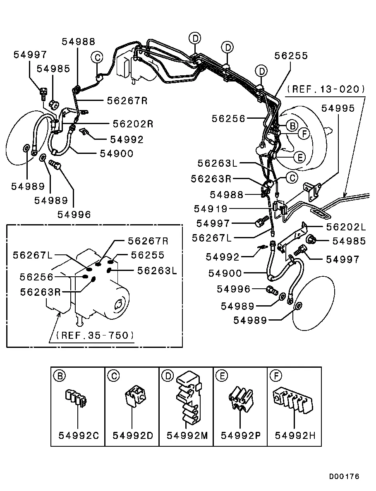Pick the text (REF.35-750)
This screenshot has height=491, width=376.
(91, 335)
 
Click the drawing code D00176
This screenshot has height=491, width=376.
(344, 477)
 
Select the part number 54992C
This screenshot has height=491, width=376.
(79, 435)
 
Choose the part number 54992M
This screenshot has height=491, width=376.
(187, 435)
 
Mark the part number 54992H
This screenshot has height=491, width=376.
(295, 435)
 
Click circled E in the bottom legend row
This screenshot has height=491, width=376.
(222, 376)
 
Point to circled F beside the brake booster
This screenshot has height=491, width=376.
(304, 134)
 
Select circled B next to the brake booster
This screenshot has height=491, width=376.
(292, 125)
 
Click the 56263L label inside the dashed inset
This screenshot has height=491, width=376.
(157, 271)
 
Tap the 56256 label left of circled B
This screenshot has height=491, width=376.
(229, 119)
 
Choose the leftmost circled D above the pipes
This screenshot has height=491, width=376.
(195, 38)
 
